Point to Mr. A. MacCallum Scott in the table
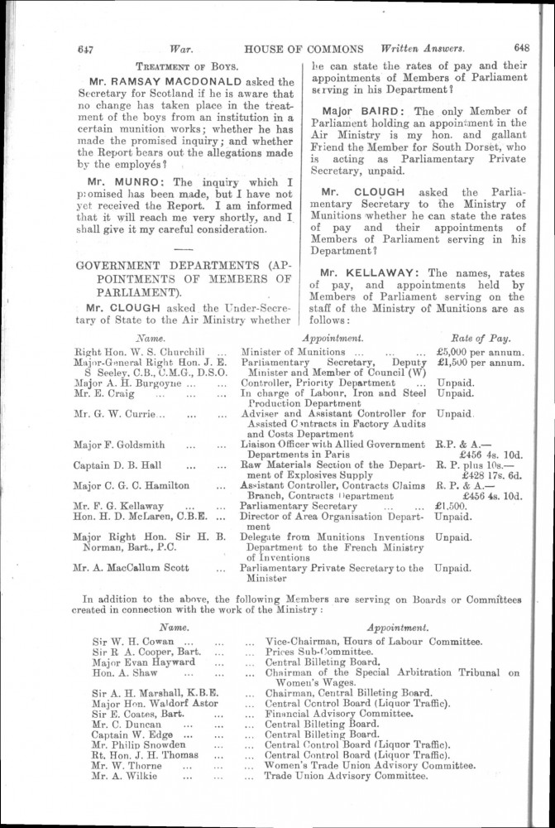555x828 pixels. click(x=132, y=568)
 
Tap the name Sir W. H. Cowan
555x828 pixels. click(x=133, y=641)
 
